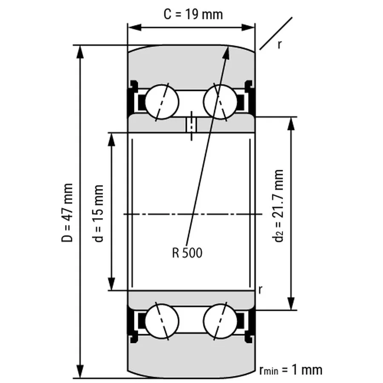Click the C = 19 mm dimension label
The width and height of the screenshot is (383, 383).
(193, 14)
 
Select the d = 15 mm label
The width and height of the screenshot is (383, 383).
(99, 213)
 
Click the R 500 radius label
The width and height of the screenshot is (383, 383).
(187, 253)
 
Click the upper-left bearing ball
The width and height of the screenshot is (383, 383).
(161, 102)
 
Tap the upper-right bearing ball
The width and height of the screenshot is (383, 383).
(220, 102)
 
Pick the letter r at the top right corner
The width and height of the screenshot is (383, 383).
(279, 44)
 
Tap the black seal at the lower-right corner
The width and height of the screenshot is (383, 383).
(251, 325)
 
